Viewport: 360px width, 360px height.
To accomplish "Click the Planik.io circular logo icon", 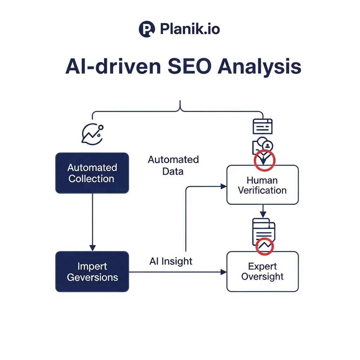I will [x=147, y=29].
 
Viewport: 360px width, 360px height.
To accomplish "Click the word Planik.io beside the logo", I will [x=190, y=29].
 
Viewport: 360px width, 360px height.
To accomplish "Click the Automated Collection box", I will [x=92, y=173].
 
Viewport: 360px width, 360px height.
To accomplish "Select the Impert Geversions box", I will [x=92, y=272].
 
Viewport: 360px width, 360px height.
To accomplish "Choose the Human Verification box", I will [x=262, y=185].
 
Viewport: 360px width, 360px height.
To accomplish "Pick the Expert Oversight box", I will [x=262, y=271].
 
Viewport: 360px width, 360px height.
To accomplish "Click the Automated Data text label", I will [x=173, y=165].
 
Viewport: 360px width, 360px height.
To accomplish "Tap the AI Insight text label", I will [x=171, y=261].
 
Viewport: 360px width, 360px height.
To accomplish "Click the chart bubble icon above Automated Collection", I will [x=92, y=134].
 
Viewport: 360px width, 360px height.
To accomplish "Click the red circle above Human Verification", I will [x=264, y=160].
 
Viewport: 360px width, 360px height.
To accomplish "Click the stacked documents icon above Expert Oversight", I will [x=263, y=230].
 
